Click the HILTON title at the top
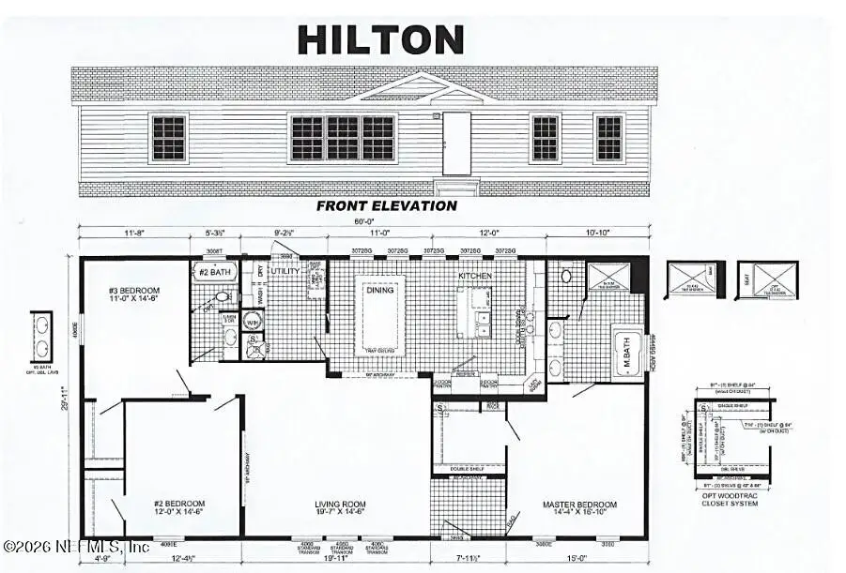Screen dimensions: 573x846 tap(380, 39)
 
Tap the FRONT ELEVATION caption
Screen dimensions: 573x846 tap(386, 205)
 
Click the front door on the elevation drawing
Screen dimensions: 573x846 tap(456, 143)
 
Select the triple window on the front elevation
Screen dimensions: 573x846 tap(342, 138)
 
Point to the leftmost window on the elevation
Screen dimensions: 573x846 tap(169, 138)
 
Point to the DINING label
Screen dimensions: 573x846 tap(379, 290)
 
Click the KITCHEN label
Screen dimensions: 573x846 tap(474, 277)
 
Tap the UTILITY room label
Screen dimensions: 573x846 tap(285, 271)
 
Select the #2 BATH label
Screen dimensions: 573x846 tap(219, 272)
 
